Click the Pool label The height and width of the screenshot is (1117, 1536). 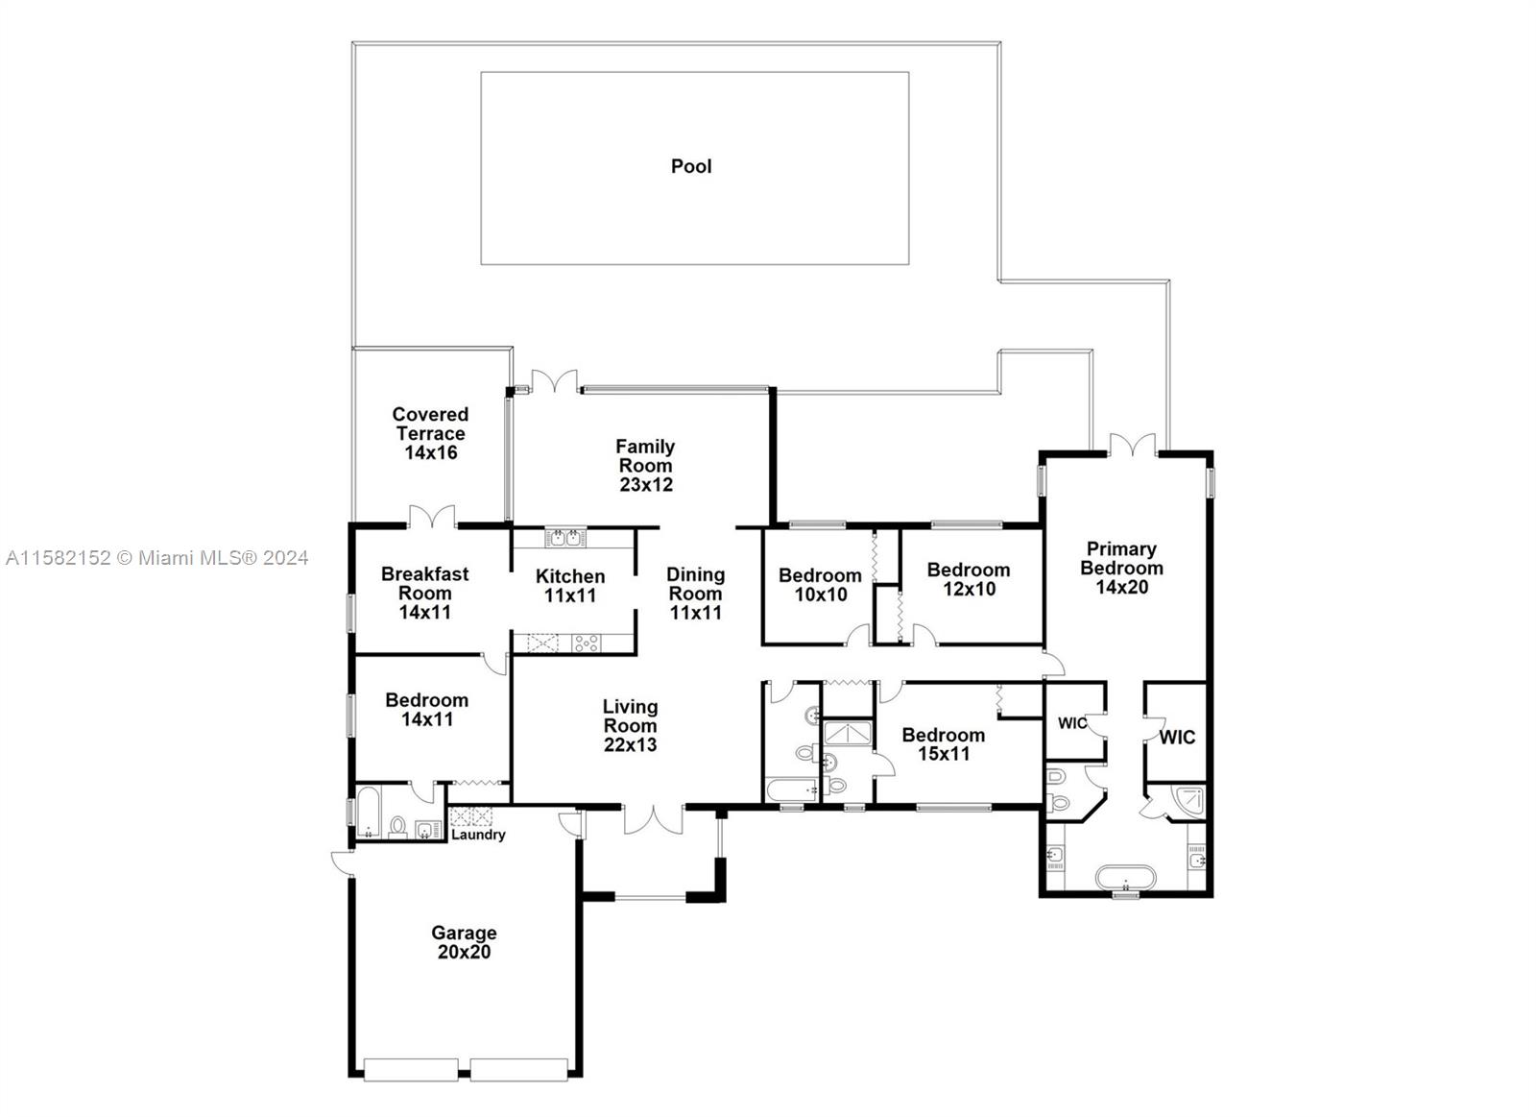point(691,166)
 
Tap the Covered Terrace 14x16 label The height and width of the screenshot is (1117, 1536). point(431,433)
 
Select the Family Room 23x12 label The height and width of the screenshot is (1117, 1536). point(645,465)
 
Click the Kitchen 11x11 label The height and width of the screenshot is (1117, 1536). point(570,585)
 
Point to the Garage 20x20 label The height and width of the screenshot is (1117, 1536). point(465,942)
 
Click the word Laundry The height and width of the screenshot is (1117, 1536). point(479,835)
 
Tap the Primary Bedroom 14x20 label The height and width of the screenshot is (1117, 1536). point(1122,568)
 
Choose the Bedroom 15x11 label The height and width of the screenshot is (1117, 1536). point(944,743)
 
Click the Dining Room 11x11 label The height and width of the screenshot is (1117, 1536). point(695,594)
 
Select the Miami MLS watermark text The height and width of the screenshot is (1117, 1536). point(157,558)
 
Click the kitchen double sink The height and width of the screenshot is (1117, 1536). point(565,537)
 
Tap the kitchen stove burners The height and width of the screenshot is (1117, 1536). point(587,643)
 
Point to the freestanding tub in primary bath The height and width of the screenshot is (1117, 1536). point(1125,878)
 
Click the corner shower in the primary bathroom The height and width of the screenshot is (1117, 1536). point(1190,801)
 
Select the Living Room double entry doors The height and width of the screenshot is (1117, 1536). point(654,819)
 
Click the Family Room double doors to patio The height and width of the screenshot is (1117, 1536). point(555,381)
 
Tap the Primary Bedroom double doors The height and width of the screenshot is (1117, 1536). point(1133,445)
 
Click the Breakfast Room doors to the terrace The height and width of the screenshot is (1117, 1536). point(432,517)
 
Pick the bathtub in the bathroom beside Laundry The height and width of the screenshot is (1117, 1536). point(369,813)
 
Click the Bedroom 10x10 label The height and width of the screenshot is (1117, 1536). point(820,585)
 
